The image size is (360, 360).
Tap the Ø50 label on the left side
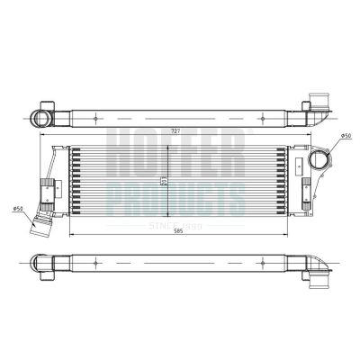17,209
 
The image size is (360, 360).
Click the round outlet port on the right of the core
319,161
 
